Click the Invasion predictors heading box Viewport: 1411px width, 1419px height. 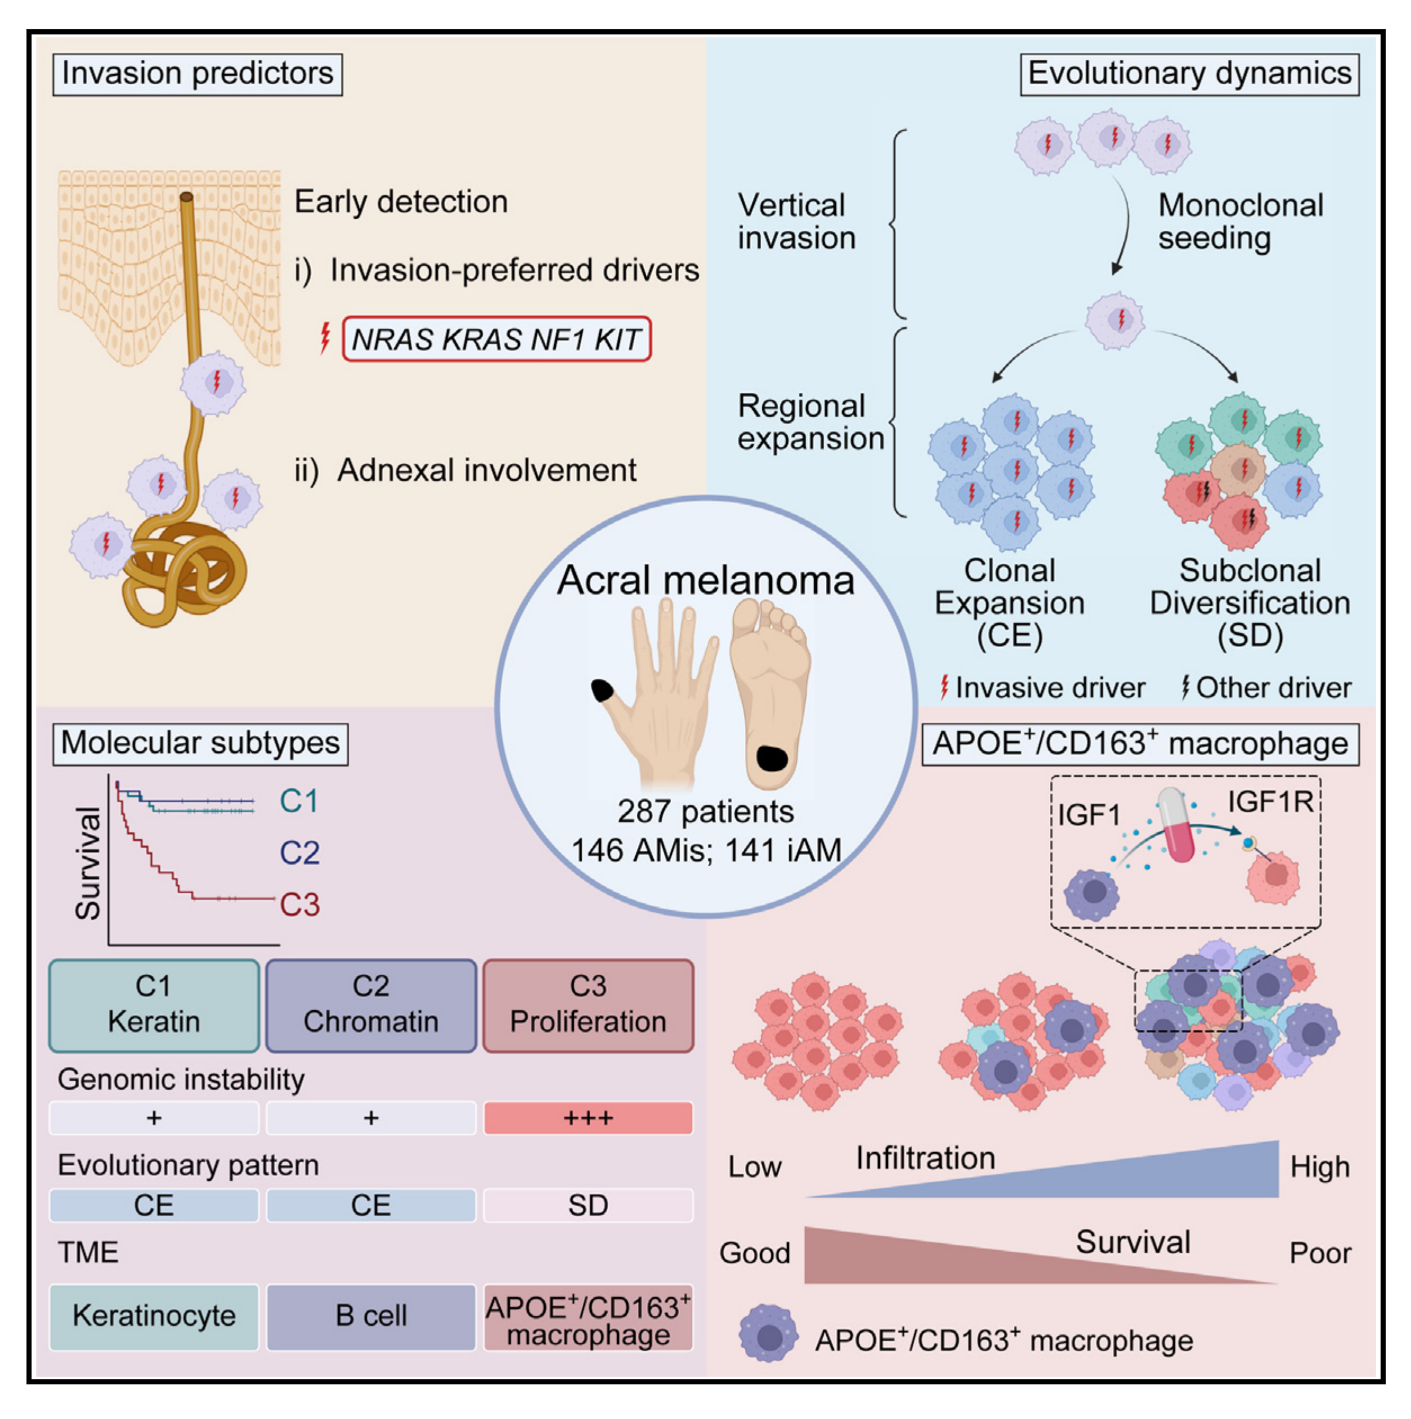197,74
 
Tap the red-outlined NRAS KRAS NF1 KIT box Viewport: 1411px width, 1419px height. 497,339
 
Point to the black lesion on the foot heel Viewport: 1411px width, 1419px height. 771,757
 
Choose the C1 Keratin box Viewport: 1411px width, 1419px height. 154,1005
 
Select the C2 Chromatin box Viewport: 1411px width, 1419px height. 371,1005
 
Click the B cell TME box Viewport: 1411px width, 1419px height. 371,1315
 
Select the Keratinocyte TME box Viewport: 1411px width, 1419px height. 154,1315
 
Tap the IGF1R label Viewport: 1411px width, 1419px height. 1271,801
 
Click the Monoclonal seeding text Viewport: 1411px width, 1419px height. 1240,221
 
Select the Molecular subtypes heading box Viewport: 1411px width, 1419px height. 200,743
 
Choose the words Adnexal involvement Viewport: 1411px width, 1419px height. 486,470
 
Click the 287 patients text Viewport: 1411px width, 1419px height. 705,811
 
